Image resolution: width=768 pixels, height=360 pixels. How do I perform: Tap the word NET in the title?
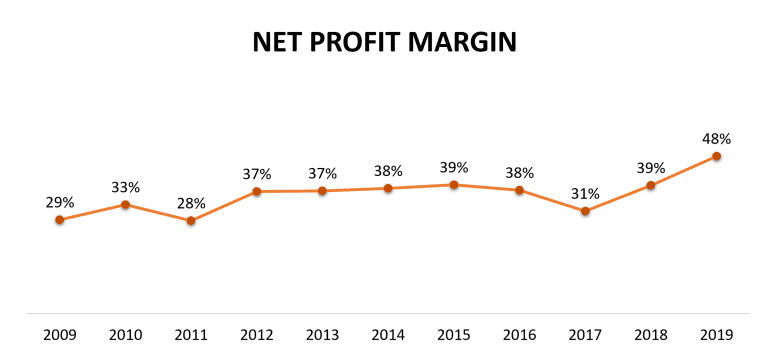click(x=277, y=44)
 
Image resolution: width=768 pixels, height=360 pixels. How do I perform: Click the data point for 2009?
click(x=59, y=219)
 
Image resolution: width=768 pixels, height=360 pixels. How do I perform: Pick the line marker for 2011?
click(x=191, y=220)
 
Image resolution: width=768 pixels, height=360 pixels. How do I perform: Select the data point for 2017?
click(x=585, y=211)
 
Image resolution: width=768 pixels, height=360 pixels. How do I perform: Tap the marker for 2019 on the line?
click(x=717, y=156)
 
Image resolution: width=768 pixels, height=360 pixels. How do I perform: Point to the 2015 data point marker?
click(x=453, y=185)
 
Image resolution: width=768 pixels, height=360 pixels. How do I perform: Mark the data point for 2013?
click(x=322, y=190)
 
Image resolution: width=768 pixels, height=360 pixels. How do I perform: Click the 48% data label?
click(x=717, y=139)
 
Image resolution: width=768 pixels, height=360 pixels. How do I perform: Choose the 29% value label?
click(x=59, y=202)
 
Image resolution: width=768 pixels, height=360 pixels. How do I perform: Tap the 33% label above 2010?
click(x=125, y=187)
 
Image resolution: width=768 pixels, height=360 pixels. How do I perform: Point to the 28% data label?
click(x=191, y=203)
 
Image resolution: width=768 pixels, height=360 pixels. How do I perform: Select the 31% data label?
click(x=585, y=194)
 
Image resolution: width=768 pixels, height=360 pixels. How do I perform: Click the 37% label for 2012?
click(x=257, y=173)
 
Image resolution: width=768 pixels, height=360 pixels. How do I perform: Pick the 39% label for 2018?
click(x=651, y=167)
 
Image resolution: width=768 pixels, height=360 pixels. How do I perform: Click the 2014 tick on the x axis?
click(x=388, y=334)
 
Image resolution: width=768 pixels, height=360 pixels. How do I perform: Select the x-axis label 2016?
click(x=519, y=334)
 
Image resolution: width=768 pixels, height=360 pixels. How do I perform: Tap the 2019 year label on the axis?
click(x=717, y=334)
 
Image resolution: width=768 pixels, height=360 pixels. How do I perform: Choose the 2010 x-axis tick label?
click(x=125, y=334)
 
